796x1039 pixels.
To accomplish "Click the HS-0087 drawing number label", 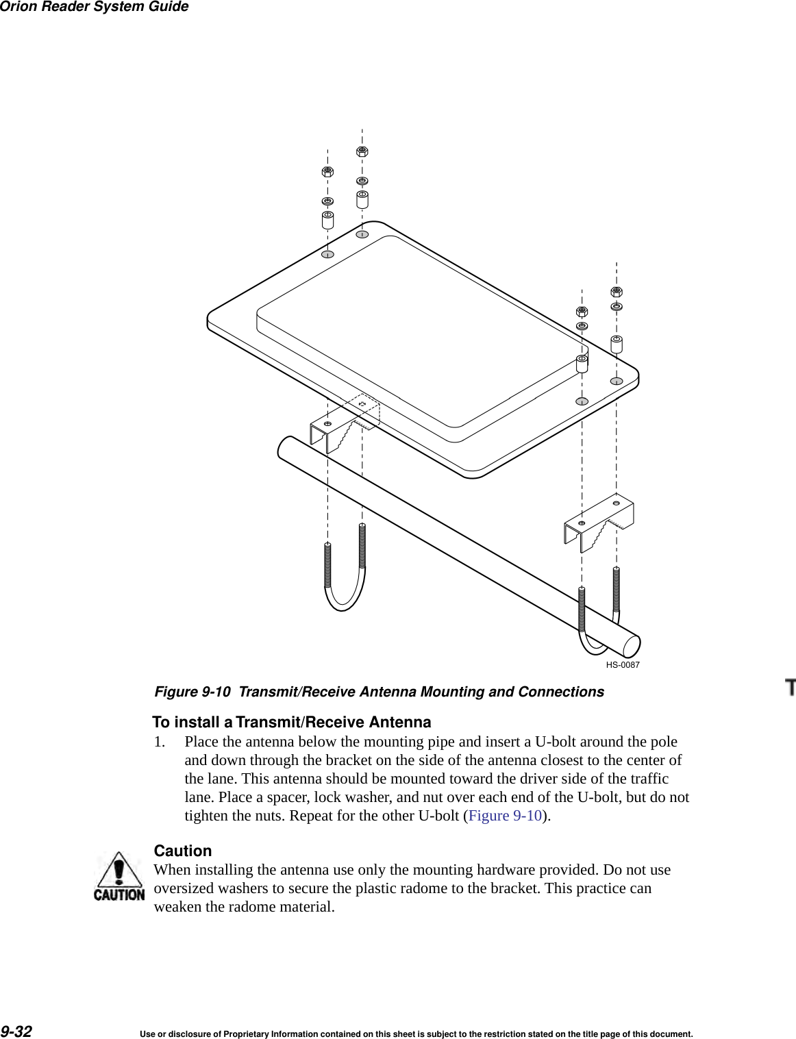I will [622, 665].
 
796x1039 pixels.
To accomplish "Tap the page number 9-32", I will [16, 1031].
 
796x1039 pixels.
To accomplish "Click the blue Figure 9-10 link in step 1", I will [505, 816].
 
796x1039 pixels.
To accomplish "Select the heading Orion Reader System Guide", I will [94, 7].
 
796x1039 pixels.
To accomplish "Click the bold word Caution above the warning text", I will [182, 851].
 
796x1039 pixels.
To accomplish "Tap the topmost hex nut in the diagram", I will [362, 151].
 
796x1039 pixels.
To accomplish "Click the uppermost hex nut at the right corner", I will [616, 292].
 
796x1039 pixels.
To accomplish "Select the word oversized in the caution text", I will [184, 888].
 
